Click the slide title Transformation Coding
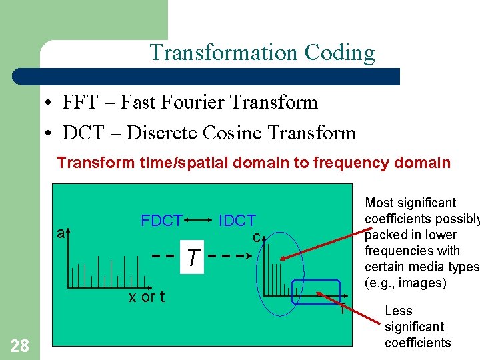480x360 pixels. click(262, 52)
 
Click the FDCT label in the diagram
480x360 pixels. click(161, 221)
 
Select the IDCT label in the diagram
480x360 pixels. click(237, 221)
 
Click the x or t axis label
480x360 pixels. click(147, 297)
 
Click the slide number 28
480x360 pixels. click(19, 345)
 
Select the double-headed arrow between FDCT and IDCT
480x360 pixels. click(199, 218)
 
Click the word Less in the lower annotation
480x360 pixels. click(399, 311)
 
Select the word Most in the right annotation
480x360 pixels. click(379, 203)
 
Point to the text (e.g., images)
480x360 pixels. click(405, 283)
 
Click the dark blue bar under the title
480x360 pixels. click(220, 77)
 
